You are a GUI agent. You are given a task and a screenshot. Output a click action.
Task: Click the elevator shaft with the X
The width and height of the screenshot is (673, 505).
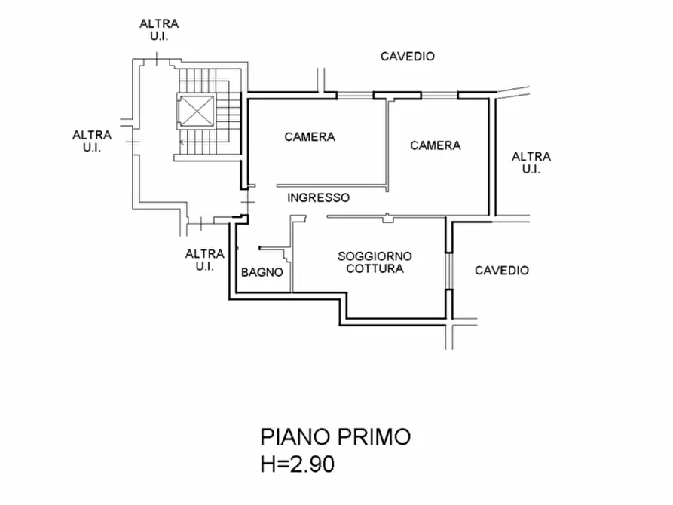(196, 111)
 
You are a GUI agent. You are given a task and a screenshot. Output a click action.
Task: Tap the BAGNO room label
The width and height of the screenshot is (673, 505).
(262, 272)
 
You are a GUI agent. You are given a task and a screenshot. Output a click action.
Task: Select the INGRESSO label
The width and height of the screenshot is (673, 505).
(318, 197)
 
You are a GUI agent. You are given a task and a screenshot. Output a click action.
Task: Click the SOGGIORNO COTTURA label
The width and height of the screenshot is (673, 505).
(375, 262)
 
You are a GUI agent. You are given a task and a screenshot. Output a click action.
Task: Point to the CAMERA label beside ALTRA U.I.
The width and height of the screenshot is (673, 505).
(435, 145)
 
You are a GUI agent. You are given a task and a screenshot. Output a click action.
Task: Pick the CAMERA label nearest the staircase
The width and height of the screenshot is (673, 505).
(310, 137)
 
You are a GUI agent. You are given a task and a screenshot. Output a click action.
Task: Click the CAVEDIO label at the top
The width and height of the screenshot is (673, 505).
(407, 57)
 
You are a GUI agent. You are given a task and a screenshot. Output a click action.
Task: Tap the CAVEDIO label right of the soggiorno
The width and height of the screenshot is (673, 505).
(502, 270)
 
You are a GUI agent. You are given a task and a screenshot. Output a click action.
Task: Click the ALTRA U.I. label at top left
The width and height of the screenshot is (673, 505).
(159, 30)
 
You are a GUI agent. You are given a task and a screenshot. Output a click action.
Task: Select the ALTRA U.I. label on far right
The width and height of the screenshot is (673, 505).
(531, 163)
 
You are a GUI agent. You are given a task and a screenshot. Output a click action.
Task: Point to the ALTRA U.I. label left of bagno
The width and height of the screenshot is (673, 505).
(204, 260)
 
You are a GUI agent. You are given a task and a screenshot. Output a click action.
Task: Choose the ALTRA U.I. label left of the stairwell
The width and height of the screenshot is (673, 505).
(92, 141)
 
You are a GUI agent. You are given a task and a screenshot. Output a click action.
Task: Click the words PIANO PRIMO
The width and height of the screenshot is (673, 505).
(335, 436)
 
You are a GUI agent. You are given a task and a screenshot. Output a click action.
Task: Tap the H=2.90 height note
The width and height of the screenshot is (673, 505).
(298, 464)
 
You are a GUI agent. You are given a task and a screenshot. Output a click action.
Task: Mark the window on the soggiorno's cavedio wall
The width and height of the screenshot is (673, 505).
(448, 271)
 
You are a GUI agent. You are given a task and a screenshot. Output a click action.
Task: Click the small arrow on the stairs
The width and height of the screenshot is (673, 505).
(182, 142)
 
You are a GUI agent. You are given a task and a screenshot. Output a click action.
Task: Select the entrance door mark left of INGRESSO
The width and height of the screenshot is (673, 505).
(248, 202)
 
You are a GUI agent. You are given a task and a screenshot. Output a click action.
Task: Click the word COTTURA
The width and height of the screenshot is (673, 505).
(375, 269)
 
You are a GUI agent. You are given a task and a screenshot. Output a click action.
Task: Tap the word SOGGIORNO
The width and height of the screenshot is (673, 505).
(375, 256)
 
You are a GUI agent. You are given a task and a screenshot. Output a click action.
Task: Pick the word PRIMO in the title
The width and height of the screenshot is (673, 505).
(374, 436)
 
